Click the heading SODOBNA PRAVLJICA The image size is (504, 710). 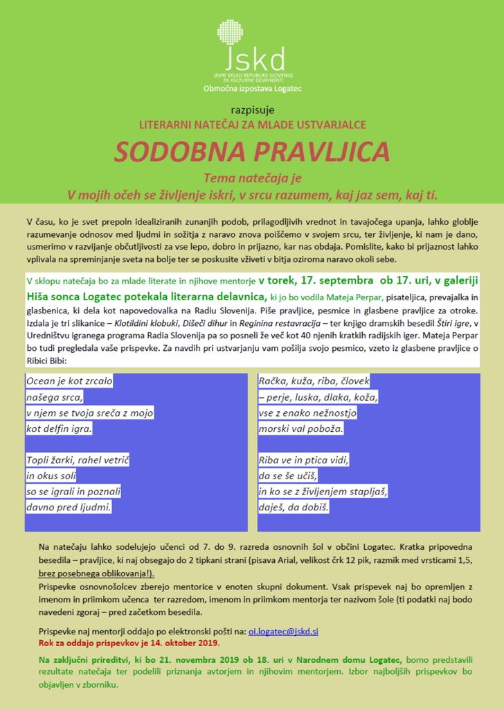point(252,152)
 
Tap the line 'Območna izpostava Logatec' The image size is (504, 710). point(252,89)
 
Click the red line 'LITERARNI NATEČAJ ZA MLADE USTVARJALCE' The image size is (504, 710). point(252,125)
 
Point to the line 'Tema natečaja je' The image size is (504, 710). point(252,177)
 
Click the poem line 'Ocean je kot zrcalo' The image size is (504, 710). point(69,381)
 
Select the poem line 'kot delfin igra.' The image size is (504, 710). point(60,428)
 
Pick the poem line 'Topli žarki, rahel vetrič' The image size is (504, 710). point(78,460)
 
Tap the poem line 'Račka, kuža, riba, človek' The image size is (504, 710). point(314,381)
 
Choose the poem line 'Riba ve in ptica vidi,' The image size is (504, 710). point(304,460)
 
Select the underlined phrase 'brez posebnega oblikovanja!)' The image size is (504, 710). point(96,574)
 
